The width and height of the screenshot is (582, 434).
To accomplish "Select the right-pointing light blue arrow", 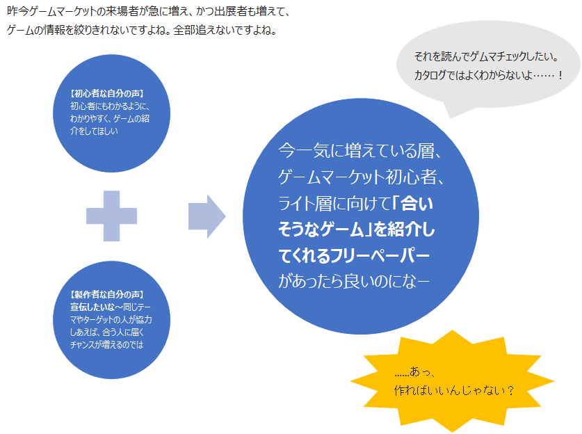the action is (x=207, y=217).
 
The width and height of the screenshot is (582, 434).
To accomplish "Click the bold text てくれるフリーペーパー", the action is (x=353, y=255).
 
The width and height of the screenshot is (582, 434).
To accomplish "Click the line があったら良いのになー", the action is (x=353, y=281).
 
